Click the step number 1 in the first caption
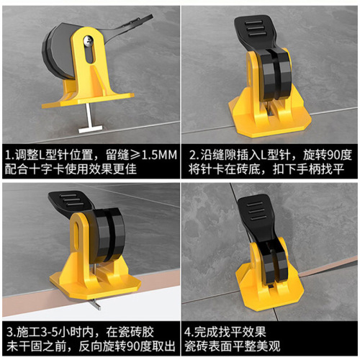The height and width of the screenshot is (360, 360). [x=9, y=155]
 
